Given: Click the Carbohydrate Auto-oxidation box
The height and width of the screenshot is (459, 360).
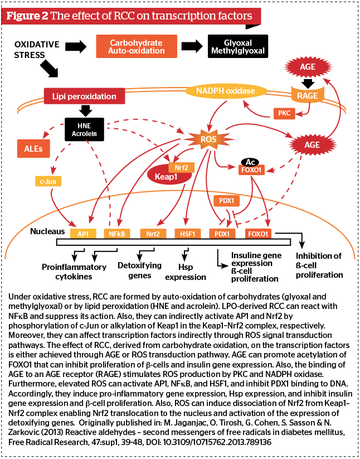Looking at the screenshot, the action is [137, 46].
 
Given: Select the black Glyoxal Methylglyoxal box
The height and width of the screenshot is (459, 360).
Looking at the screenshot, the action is [238, 46].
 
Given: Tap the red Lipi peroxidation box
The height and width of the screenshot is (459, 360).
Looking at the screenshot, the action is [85, 96].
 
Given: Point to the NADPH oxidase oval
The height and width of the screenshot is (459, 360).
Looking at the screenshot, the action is [226, 91].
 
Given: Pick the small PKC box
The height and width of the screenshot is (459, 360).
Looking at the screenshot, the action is [284, 113].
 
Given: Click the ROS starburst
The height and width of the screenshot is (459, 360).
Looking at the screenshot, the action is [208, 139].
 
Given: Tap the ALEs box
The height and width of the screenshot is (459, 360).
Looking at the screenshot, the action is [33, 148].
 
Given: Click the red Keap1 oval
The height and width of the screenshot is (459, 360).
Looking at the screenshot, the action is [167, 176].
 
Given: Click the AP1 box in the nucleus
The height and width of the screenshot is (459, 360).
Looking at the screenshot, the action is [83, 234].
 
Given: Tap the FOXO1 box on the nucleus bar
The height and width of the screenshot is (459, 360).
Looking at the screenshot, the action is [258, 234].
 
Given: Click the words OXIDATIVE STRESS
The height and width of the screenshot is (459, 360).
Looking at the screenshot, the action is [37, 50].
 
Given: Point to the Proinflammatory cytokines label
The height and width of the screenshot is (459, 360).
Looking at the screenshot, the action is [74, 272].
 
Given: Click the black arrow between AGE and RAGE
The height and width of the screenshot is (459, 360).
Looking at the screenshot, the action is [308, 84].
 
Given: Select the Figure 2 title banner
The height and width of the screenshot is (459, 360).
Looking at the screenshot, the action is [131, 16].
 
